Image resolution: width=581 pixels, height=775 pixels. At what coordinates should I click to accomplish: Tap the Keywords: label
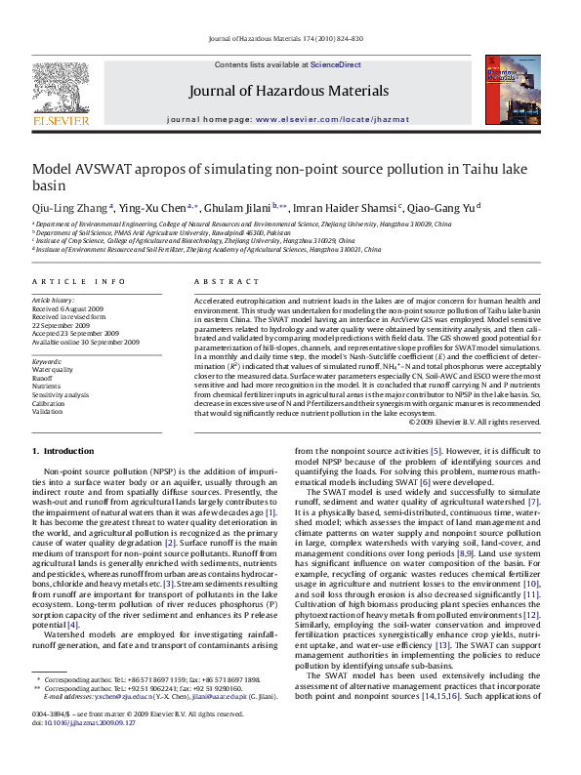tap(46, 347)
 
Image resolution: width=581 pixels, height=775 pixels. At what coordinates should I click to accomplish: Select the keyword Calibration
tap(50, 402)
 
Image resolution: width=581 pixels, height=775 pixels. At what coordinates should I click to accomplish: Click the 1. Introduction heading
tap(64, 452)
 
